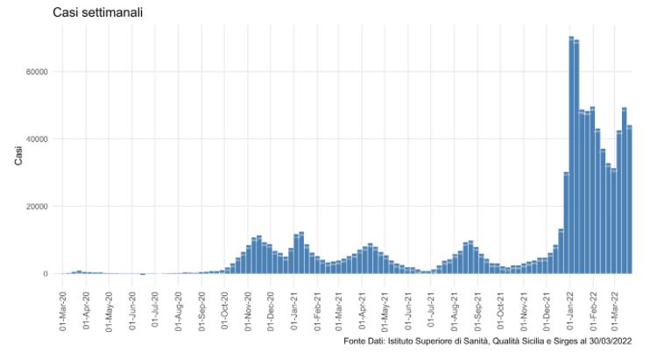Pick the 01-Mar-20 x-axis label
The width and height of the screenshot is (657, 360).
pos(63,302)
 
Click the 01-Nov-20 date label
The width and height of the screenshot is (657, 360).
pos(248,302)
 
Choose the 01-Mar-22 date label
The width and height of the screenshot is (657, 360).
pos(616,302)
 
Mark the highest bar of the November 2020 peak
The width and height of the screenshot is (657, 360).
pos(258,255)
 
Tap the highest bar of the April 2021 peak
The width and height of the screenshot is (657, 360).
pos(370,259)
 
